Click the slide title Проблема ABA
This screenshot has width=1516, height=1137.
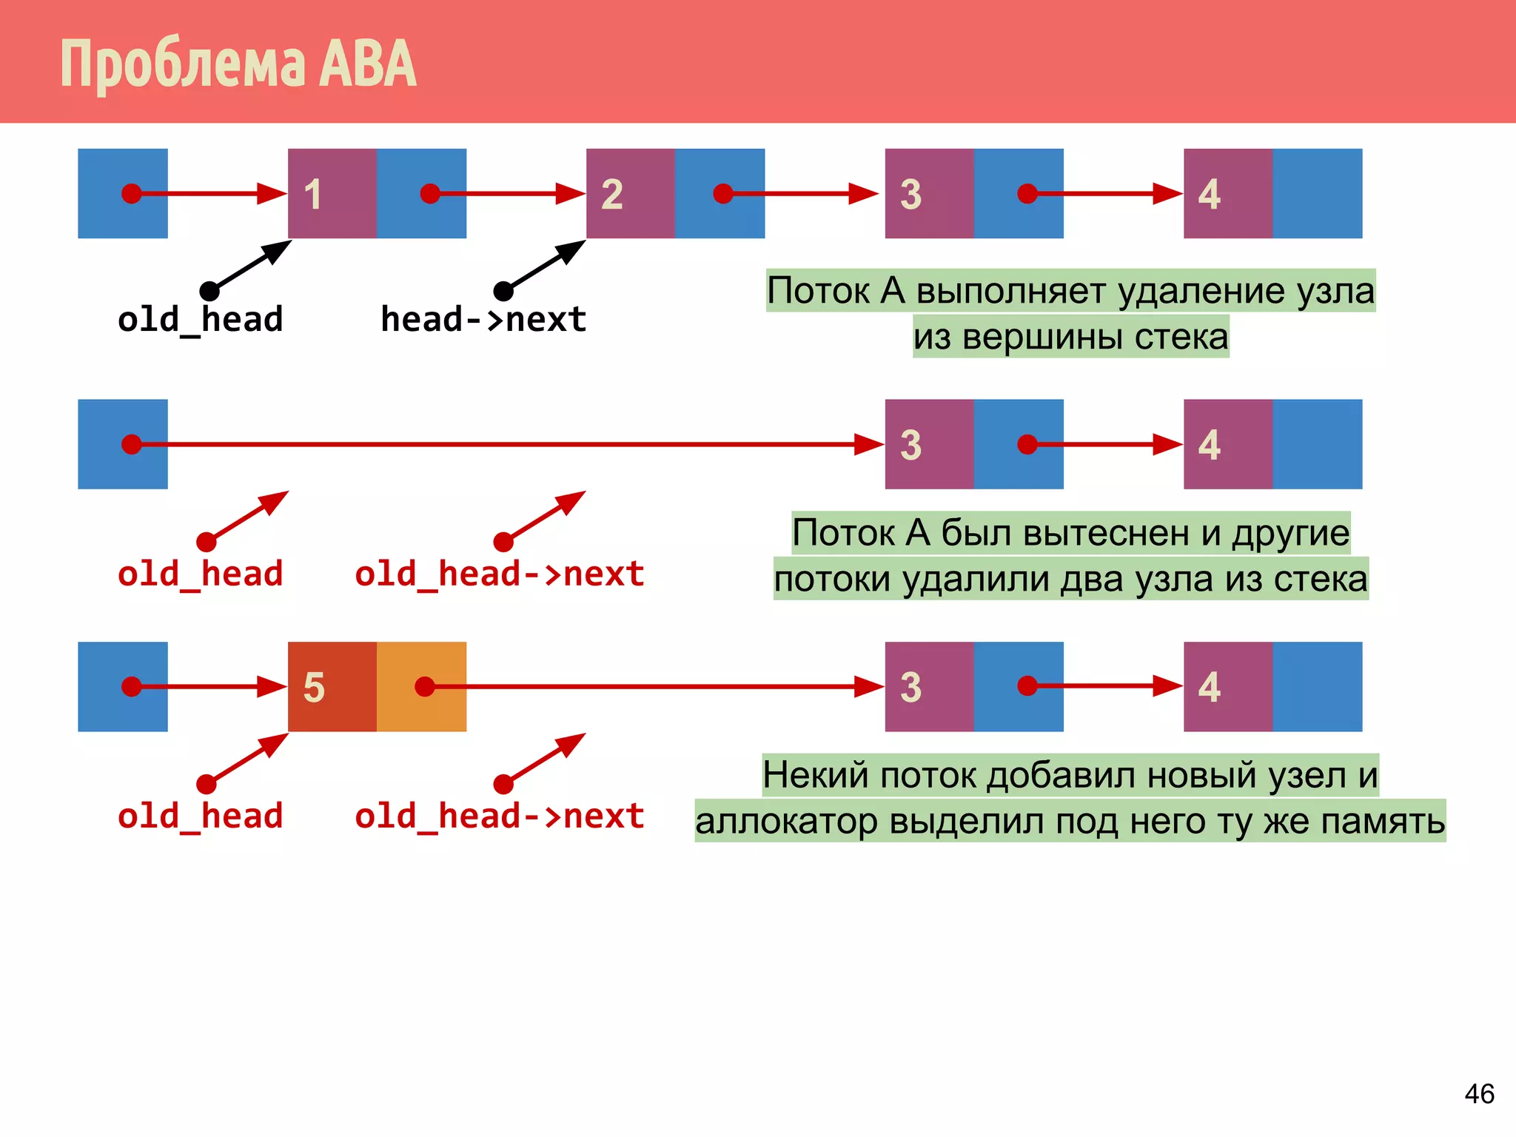tap(238, 64)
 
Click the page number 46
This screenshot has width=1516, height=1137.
tap(1478, 1093)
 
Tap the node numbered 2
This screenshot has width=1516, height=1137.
tap(630, 193)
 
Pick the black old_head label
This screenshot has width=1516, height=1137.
tap(200, 320)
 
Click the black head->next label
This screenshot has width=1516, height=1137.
tap(483, 320)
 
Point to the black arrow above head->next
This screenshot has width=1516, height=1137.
tap(543, 266)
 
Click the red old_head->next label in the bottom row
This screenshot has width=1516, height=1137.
tap(499, 816)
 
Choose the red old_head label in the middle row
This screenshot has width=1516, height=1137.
tap(200, 574)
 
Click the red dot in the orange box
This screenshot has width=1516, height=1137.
tap(424, 686)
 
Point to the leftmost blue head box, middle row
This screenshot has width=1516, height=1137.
tap(123, 444)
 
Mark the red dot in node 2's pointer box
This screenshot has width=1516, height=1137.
tap(722, 193)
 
